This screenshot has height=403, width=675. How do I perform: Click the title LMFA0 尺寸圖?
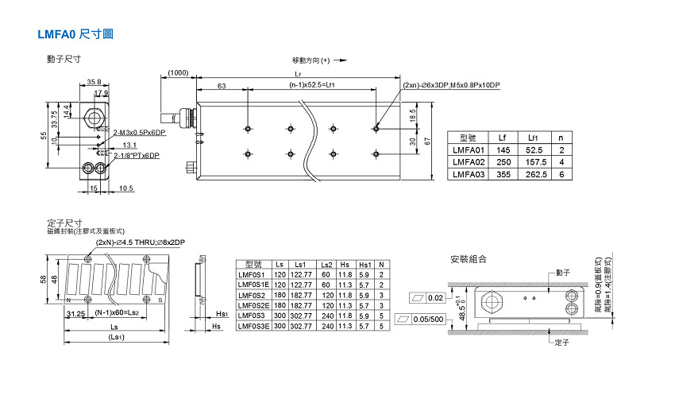[x=76, y=35]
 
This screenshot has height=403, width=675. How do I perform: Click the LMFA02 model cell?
[x=468, y=162]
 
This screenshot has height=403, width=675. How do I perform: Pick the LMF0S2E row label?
[x=253, y=305]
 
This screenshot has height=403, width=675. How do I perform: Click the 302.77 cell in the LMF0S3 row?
[x=300, y=316]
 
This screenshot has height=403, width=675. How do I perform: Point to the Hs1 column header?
[x=365, y=264]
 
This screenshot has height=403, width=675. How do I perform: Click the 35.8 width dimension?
[x=94, y=81]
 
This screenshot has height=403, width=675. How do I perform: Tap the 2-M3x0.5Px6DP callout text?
[x=139, y=132]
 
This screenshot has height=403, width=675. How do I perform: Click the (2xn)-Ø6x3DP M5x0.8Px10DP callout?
[x=451, y=85]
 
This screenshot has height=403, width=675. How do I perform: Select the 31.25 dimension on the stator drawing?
[x=76, y=313]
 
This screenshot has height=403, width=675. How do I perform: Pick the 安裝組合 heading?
[x=468, y=260]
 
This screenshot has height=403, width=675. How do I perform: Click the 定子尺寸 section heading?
[x=64, y=223]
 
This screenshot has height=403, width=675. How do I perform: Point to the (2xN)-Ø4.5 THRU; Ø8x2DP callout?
[x=141, y=242]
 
